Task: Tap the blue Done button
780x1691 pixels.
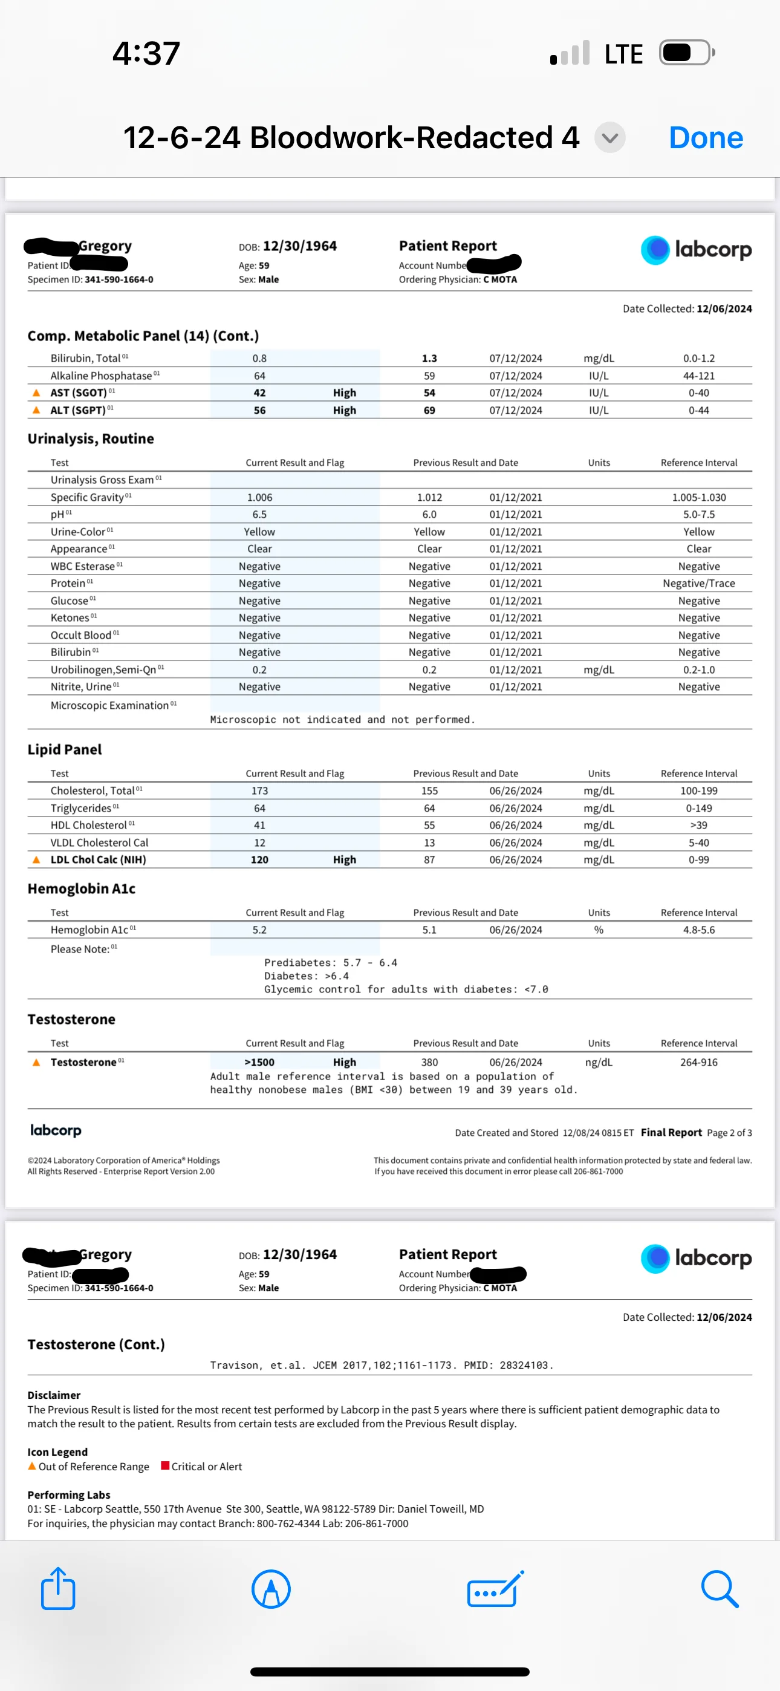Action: pos(705,138)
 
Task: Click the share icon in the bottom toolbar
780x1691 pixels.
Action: pos(58,1589)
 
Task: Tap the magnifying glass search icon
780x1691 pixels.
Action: pos(720,1589)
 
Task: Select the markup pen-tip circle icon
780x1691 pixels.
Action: pos(271,1589)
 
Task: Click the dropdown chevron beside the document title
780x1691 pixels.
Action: pos(610,138)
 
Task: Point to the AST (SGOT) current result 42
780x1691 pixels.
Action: pos(260,393)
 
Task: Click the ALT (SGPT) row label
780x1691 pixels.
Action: pos(77,410)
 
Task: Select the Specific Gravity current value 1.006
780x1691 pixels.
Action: pos(260,498)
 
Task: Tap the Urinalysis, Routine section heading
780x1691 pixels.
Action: pos(91,438)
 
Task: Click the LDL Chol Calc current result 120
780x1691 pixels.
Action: pos(260,859)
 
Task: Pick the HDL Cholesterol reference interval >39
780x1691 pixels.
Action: pos(698,825)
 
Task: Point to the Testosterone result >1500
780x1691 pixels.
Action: pos(260,1062)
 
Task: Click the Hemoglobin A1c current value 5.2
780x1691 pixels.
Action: pos(260,930)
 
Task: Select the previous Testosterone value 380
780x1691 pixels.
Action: pos(429,1062)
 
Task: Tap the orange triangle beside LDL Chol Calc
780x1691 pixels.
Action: pos(36,859)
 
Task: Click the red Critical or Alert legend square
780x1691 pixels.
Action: pos(166,1466)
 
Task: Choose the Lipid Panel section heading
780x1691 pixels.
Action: pos(64,750)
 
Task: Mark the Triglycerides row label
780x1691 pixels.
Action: pos(81,808)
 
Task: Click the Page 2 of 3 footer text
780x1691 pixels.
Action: pos(729,1132)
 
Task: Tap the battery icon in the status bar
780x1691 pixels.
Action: pos(687,53)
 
